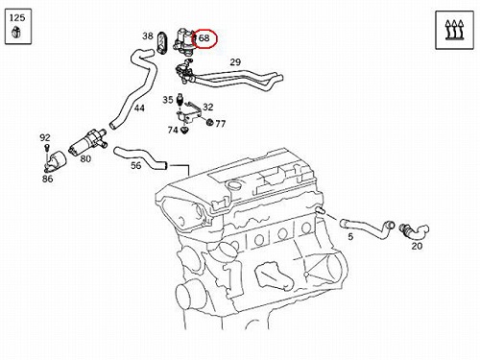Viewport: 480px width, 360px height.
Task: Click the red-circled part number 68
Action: click(204, 38)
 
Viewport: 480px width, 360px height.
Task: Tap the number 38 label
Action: click(148, 36)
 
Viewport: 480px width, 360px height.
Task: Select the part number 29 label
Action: click(235, 62)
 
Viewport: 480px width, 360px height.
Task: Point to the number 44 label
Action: click(139, 108)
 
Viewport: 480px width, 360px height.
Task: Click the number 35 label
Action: click(168, 100)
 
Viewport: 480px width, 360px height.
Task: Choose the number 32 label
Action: click(208, 107)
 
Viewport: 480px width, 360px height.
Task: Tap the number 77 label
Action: click(220, 124)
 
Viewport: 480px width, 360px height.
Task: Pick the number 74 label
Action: click(173, 130)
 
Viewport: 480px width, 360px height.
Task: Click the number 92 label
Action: click(45, 137)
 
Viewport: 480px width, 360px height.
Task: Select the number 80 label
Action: click(85, 158)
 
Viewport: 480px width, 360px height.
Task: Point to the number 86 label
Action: click(47, 179)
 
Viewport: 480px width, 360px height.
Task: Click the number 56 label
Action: click(136, 165)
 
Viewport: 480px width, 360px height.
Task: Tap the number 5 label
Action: click(350, 237)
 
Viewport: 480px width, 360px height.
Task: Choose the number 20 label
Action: click(417, 246)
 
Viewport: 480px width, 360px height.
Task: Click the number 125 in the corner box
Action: click(17, 17)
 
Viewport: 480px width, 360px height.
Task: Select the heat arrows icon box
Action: click(454, 30)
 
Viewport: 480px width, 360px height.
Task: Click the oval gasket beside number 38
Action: click(162, 42)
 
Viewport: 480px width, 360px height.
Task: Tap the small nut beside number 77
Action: click(210, 122)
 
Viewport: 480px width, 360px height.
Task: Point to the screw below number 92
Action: click(47, 148)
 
